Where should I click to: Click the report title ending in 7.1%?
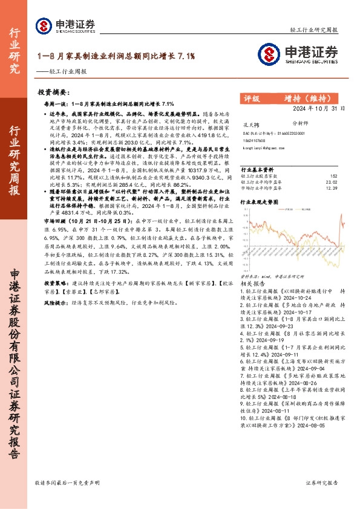click(116, 56)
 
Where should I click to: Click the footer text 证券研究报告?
click(322, 483)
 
